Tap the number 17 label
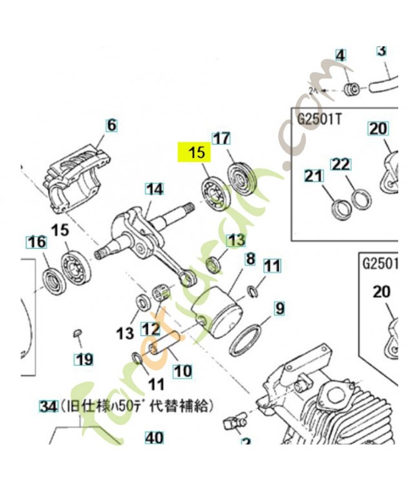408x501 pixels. (222, 139)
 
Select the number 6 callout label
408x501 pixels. (111, 125)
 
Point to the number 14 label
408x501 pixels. (154, 189)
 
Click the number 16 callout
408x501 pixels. (36, 242)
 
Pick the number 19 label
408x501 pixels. (83, 359)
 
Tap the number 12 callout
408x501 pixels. (150, 328)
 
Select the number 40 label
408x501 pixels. (153, 436)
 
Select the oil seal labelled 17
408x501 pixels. (243, 177)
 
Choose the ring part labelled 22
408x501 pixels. (360, 200)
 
